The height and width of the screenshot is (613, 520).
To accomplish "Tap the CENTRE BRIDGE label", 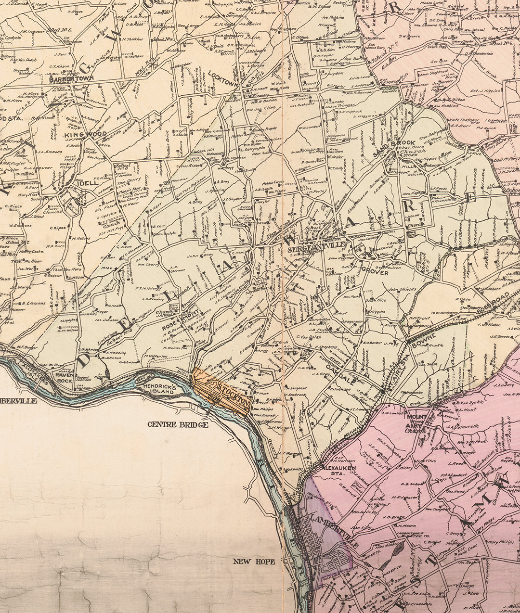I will click(178, 424).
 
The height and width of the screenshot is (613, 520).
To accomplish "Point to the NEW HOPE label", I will click(254, 562).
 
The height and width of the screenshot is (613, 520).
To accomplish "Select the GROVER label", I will click(375, 272).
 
